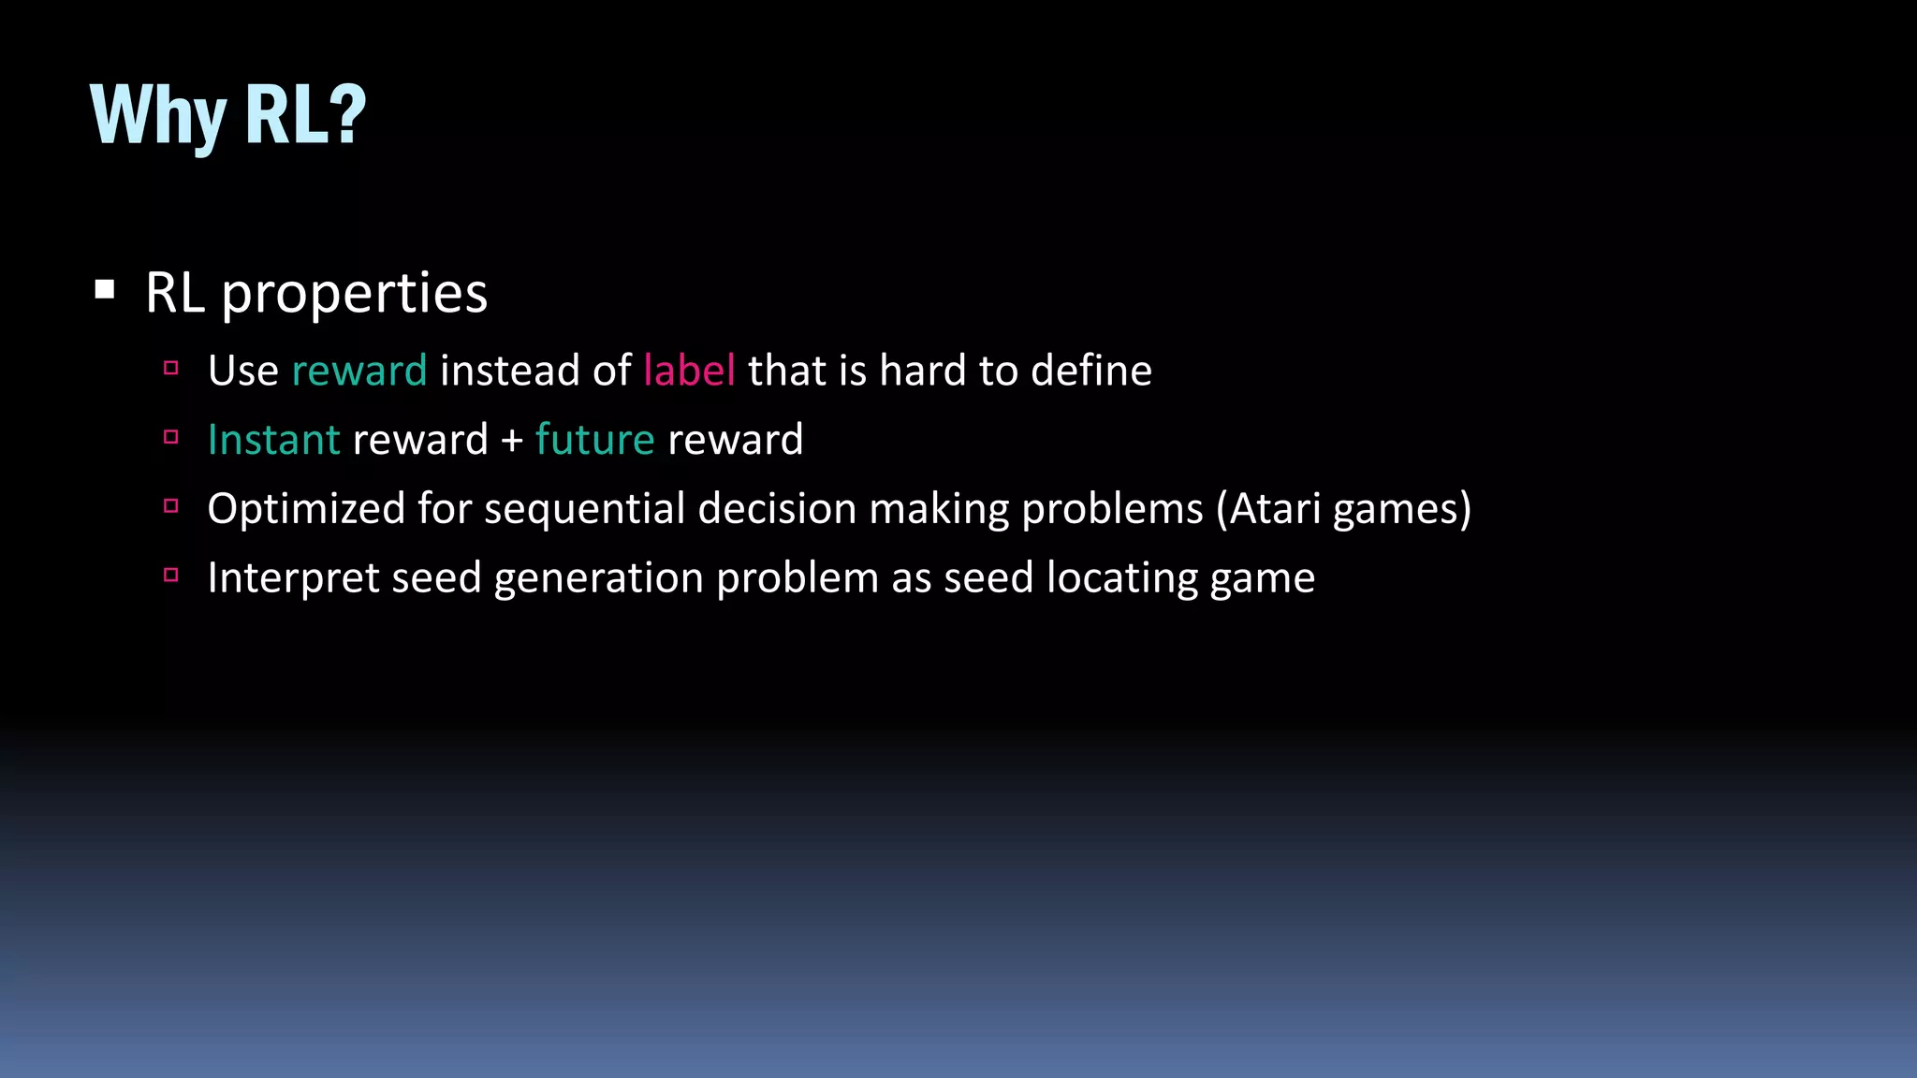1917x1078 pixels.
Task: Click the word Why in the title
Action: [157, 116]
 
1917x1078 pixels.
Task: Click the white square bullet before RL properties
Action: [105, 290]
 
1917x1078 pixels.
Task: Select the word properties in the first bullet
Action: [354, 294]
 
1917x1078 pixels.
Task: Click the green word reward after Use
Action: [359, 371]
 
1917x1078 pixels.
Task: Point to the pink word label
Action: [689, 371]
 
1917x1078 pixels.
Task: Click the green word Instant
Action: [273, 440]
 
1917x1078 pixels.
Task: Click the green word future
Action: [594, 440]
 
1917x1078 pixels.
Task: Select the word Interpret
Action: [293, 578]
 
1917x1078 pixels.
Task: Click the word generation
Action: [598, 578]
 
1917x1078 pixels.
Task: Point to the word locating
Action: [1121, 578]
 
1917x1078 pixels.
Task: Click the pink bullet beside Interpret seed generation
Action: [170, 575]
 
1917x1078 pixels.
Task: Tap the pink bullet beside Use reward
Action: [170, 369]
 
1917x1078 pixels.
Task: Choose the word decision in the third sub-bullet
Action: [777, 509]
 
